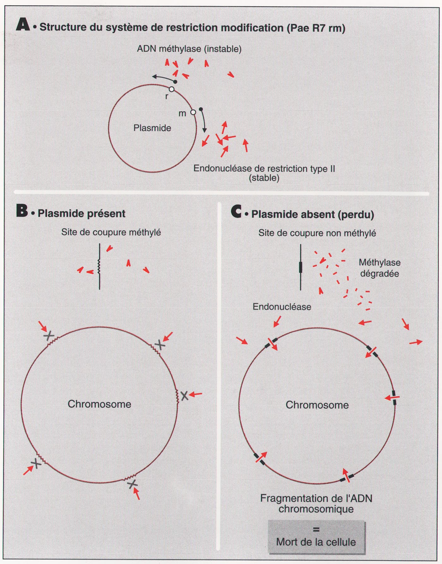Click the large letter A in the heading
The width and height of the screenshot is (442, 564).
(x=23, y=25)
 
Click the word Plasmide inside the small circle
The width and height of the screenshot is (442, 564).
(x=152, y=128)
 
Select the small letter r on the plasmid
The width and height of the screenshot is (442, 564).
(x=167, y=96)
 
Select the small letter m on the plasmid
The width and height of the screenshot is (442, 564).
(x=182, y=113)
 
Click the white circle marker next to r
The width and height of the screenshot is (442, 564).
(x=171, y=89)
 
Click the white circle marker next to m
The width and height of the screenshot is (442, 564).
(x=193, y=112)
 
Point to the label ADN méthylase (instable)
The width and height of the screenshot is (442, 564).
(x=189, y=49)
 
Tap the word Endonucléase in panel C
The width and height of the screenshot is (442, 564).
(x=282, y=306)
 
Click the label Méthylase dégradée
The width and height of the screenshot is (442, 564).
(x=380, y=268)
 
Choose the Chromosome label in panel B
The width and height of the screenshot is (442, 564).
(x=99, y=404)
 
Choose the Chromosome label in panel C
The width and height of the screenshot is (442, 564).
(x=317, y=405)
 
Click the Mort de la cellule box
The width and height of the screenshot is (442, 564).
(x=316, y=538)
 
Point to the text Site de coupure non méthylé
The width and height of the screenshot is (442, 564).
(x=317, y=233)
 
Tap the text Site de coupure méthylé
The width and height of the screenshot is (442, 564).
(x=111, y=232)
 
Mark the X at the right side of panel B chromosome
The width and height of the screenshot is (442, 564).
(x=184, y=395)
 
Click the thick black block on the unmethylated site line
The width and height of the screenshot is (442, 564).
(x=301, y=267)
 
